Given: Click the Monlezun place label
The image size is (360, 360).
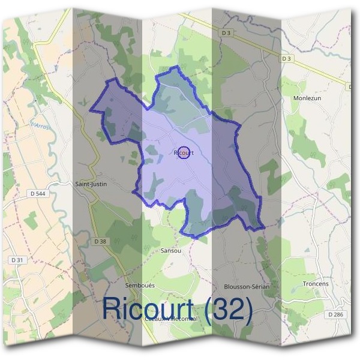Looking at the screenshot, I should point(308,98).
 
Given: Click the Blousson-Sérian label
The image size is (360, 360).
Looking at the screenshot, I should point(246,287).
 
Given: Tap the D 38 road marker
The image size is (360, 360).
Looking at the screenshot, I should point(100,241).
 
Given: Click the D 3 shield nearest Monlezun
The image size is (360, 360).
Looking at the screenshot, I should point(286,58).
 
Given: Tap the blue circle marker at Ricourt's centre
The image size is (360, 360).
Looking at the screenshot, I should point(184,153).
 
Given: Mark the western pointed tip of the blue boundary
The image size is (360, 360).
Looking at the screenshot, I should point(91,110).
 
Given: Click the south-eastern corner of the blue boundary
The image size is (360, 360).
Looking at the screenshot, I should point(264,227).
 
